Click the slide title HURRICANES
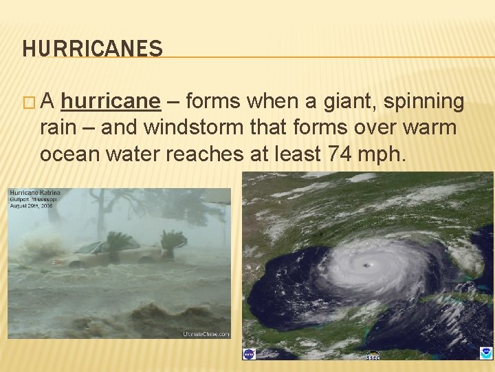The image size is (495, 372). [x=92, y=48]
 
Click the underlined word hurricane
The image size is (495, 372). [x=111, y=102]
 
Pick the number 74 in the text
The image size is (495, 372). [x=339, y=154]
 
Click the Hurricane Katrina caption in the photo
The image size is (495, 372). [x=35, y=193]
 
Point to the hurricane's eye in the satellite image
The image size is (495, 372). [x=369, y=265]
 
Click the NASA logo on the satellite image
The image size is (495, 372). [x=249, y=353]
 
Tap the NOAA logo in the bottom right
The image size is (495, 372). [x=485, y=353]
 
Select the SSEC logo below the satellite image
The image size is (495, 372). [x=373, y=355]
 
